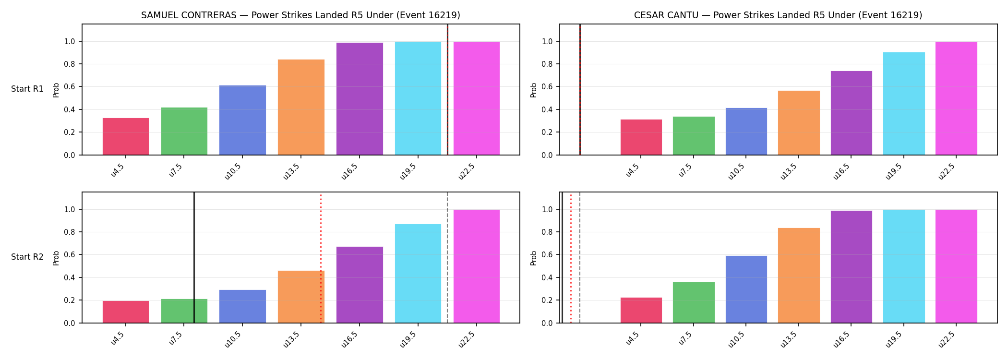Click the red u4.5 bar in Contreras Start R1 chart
point(126,136)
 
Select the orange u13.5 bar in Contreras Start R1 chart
point(301,107)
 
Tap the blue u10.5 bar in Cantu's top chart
point(746,132)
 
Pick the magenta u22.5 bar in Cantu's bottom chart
point(956,266)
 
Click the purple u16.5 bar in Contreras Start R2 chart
point(360,285)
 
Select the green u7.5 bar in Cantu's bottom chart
point(694,302)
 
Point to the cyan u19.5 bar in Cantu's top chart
point(904,104)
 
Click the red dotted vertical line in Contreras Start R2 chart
point(321,258)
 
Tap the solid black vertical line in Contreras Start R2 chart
point(194,257)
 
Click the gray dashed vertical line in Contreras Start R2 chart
point(447,257)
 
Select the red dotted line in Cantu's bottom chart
point(571,258)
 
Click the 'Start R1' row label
point(27,89)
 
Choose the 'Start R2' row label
point(27,257)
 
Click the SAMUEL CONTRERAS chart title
point(300,15)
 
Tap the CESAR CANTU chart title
point(778,15)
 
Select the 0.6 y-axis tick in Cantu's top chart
point(547,87)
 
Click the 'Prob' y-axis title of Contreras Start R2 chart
point(56,258)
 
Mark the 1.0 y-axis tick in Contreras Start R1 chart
point(70,42)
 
